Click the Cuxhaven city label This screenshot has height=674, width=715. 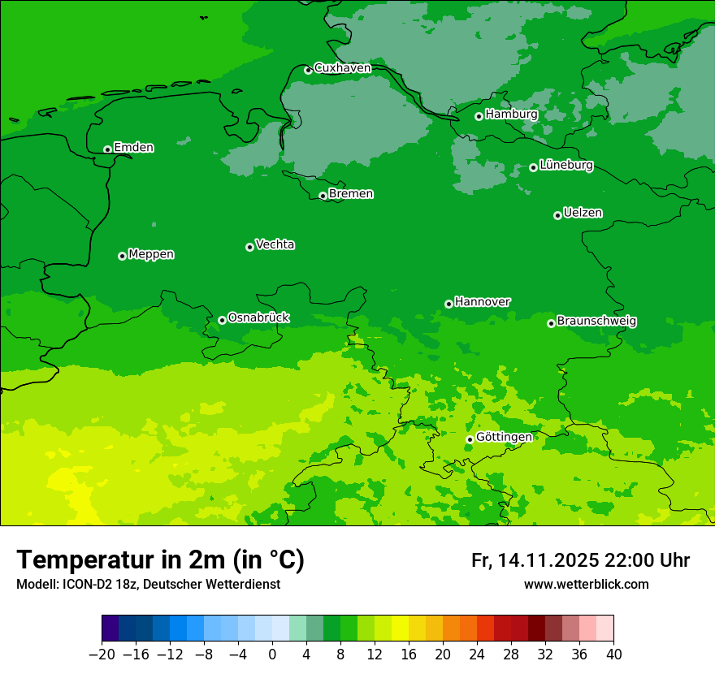point(342,68)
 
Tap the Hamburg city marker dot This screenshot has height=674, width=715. point(479,116)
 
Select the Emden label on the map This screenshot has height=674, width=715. point(133,148)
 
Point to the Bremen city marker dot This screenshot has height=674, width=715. point(323,196)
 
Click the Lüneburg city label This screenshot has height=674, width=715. point(565,166)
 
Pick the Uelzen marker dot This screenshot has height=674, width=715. point(557,215)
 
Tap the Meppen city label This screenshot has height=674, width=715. point(151,254)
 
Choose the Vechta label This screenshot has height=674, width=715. point(275,244)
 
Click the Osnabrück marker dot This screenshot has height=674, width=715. point(222,320)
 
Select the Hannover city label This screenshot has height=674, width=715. point(483,302)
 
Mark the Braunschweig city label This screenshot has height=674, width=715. point(596,322)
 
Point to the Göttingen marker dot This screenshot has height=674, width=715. point(470,439)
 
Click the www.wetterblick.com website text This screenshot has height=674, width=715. point(586,584)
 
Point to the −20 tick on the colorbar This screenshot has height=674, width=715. point(102,655)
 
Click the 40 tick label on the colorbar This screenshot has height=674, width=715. point(613,655)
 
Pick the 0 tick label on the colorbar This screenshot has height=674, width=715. point(272,655)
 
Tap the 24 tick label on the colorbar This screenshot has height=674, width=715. point(477,655)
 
